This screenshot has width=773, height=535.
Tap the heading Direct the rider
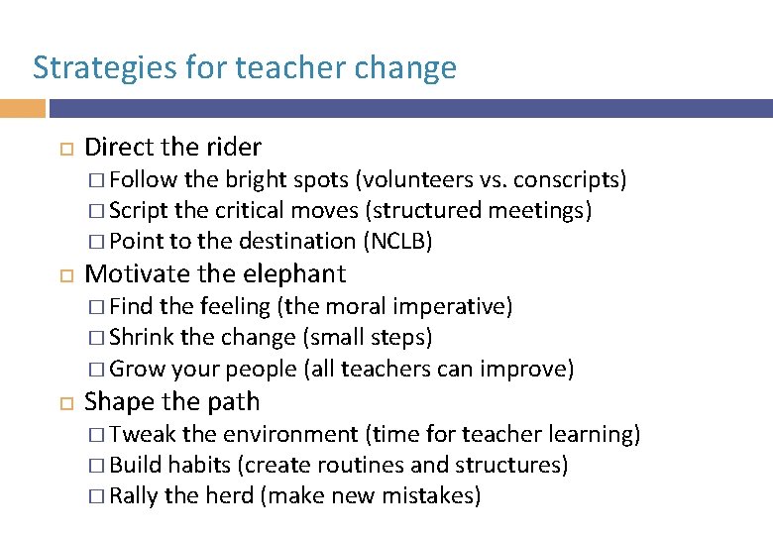[173, 148]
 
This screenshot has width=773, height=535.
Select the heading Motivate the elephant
[215, 273]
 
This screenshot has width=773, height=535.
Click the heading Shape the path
[172, 401]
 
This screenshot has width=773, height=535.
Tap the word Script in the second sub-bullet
[139, 210]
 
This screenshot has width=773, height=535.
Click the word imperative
[453, 306]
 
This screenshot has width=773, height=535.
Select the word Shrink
[143, 337]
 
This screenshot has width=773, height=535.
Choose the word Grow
[137, 370]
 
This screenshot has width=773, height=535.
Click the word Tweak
[143, 434]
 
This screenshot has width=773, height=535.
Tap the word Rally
[134, 495]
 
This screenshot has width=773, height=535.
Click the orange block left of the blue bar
[22, 108]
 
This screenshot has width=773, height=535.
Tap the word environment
[289, 434]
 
